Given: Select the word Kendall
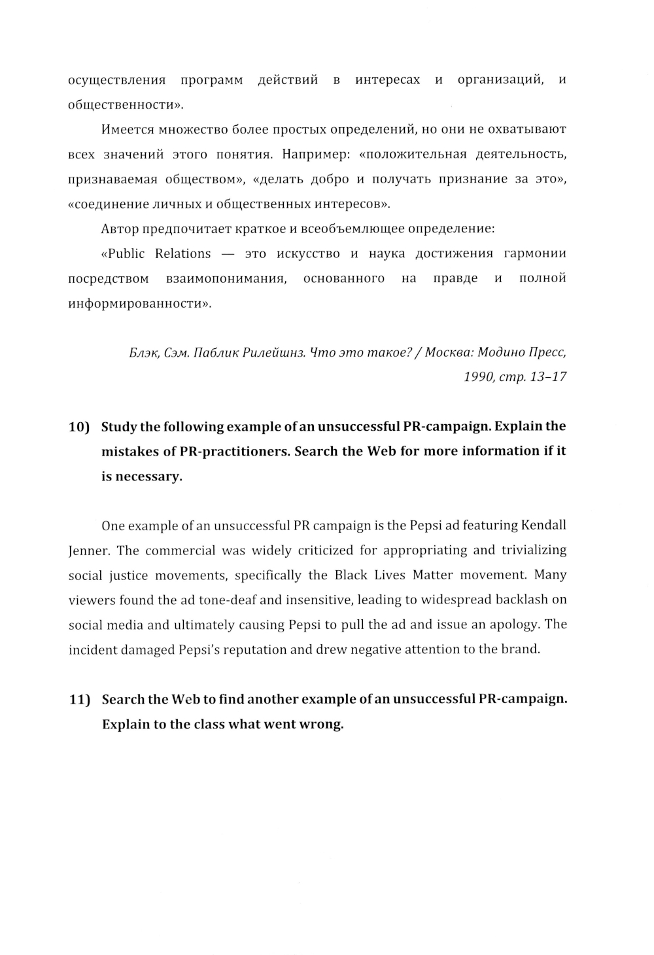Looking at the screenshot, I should click(x=543, y=526).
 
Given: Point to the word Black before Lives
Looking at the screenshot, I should click(x=351, y=575).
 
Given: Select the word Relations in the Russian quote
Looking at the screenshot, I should click(x=183, y=253).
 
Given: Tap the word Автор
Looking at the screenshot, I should click(x=117, y=229).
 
